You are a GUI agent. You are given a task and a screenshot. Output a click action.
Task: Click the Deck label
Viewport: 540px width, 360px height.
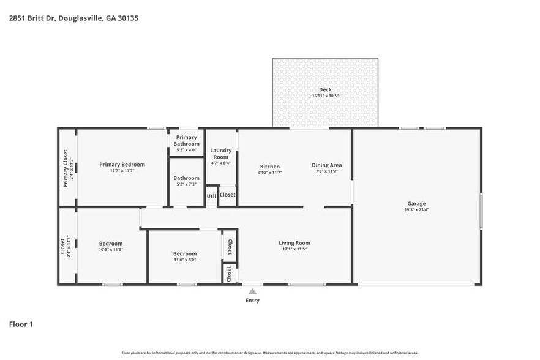click(325, 89)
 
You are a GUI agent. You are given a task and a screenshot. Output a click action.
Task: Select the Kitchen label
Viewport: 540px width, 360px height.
click(270, 166)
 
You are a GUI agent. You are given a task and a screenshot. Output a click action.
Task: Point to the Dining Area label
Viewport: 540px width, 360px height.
click(326, 165)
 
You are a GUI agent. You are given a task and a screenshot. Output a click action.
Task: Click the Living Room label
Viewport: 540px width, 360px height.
click(294, 242)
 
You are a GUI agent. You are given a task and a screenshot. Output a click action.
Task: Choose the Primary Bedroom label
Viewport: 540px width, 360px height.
click(122, 164)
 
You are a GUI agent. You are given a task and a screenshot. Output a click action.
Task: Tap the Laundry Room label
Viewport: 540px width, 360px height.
click(220, 154)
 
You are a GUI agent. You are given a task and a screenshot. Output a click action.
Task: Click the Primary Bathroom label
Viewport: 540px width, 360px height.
click(186, 141)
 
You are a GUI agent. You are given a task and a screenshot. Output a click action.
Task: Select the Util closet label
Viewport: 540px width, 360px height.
click(211, 196)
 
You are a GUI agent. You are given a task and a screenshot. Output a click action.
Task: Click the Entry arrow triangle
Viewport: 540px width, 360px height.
click(252, 291)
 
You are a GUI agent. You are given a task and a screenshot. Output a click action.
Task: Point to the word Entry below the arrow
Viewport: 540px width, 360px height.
click(252, 301)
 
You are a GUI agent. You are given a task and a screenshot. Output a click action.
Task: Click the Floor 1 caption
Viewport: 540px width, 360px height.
click(21, 324)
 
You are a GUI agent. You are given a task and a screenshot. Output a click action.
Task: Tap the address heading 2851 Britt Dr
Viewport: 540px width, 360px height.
click(73, 18)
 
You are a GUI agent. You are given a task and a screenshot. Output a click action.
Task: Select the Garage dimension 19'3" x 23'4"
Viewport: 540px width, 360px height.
click(416, 210)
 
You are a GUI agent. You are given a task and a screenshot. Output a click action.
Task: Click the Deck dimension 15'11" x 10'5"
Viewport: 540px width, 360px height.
click(325, 96)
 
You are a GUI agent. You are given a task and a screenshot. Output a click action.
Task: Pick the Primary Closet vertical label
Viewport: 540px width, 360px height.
click(66, 168)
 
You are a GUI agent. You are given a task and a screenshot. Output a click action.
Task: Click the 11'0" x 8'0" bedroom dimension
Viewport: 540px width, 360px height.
click(184, 260)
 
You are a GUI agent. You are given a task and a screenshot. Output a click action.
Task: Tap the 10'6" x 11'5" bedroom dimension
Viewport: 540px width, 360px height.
click(111, 250)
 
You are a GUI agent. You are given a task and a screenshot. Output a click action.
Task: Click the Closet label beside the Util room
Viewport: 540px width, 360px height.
click(227, 195)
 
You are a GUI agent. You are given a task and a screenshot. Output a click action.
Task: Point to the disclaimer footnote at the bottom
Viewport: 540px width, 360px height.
click(269, 353)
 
